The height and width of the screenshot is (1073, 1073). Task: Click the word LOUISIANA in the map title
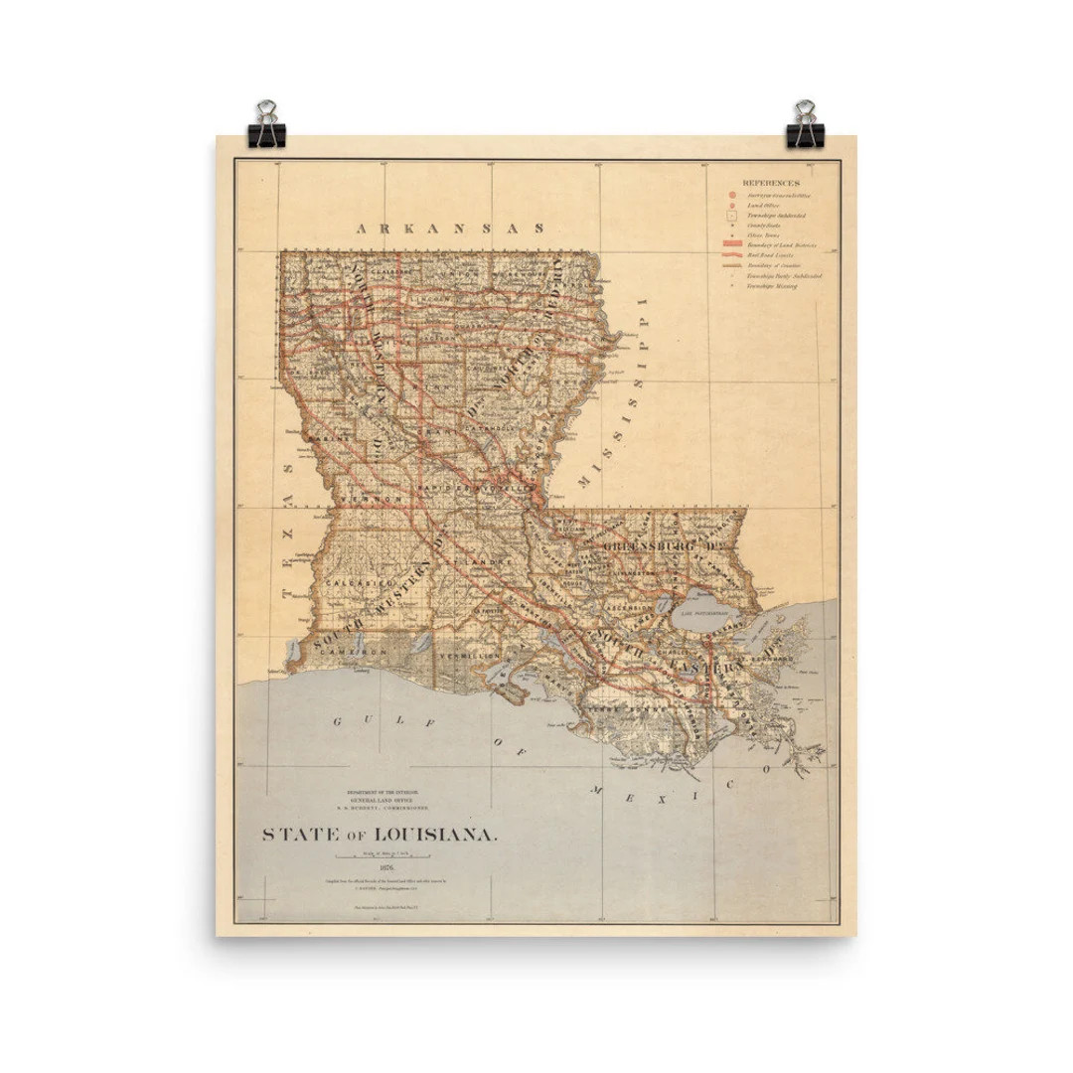click(x=437, y=835)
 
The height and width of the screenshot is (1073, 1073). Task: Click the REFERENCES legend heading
click(x=771, y=184)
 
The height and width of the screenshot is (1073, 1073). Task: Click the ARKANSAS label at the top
click(x=451, y=228)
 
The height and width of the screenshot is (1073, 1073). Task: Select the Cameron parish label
click(x=360, y=651)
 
